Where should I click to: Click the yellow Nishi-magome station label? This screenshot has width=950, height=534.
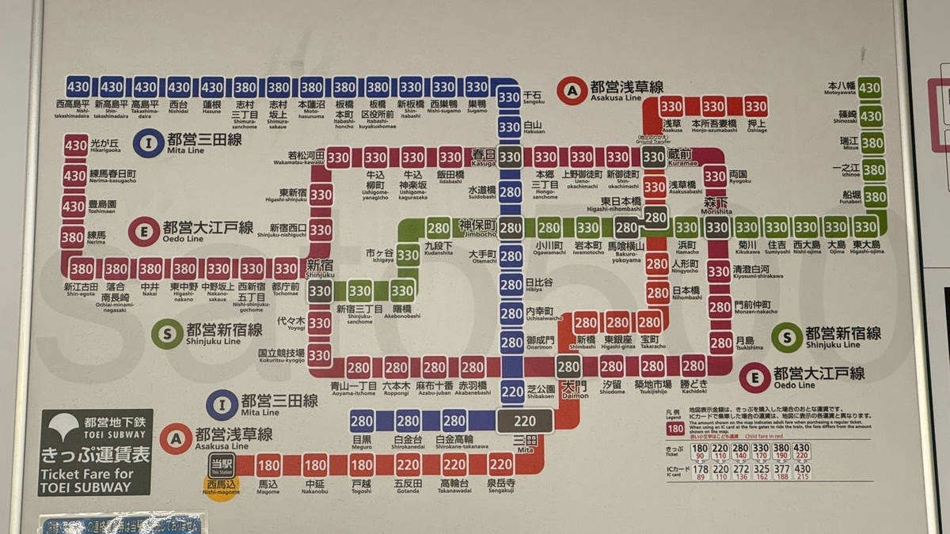coord(221,485)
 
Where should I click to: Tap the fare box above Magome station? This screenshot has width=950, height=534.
coord(269,464)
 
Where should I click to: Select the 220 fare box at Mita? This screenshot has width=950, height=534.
coord(524,421)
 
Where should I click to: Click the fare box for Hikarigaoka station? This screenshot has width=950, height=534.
coord(76,146)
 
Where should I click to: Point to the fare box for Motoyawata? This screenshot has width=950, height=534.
coord(870,87)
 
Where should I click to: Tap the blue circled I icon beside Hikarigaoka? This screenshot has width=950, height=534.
coord(147,142)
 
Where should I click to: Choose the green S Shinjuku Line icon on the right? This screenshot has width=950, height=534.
coord(787,337)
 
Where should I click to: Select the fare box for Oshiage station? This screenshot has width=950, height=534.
coord(755,105)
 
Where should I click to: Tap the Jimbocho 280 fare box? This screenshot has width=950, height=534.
coord(511,228)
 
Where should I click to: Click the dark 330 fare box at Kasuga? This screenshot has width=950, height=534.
coord(511,157)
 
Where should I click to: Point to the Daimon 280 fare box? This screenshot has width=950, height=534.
coord(568,366)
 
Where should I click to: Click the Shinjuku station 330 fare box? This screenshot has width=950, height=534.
coord(320,291)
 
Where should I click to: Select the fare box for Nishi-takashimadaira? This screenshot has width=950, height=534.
coord(78,86)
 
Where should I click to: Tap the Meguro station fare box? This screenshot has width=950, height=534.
coord(362,421)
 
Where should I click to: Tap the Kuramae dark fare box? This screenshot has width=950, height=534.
coord(654,157)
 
